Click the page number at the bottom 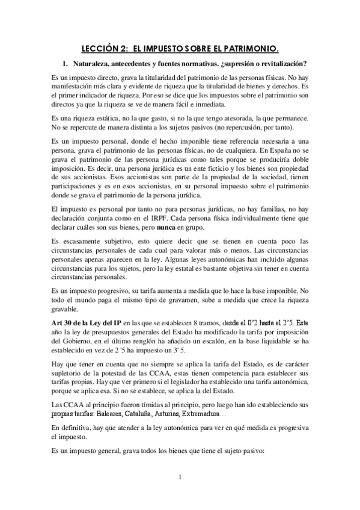[180, 494]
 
